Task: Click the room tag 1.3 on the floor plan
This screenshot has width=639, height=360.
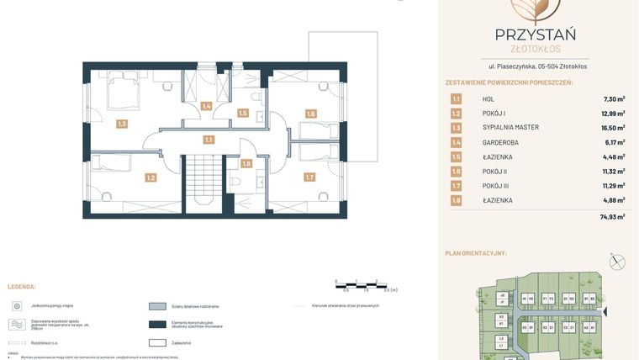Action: pos(122,124)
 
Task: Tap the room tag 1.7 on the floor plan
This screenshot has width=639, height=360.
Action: pos(309,177)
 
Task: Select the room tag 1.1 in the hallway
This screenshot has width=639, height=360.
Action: pos(208,140)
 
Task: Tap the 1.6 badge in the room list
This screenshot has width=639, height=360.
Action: pos(456,172)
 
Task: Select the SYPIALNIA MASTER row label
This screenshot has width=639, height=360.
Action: pos(510,128)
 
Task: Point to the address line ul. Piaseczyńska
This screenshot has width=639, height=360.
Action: pos(538,66)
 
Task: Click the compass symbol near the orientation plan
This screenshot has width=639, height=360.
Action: pos(618,262)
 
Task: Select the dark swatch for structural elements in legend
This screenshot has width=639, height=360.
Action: pos(157,325)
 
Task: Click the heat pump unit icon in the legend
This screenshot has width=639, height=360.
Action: pos(18,306)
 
